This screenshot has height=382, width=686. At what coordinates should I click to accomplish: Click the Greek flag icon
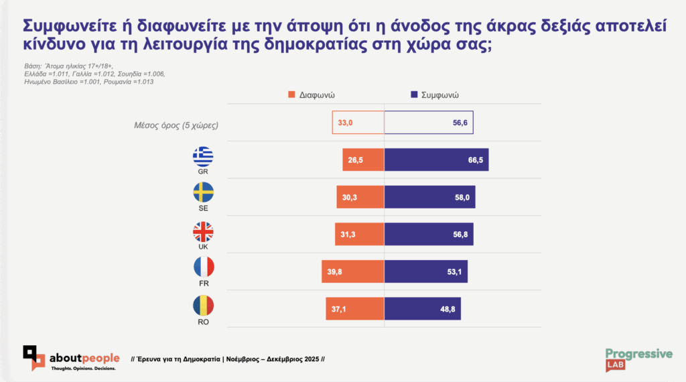click(x=203, y=157)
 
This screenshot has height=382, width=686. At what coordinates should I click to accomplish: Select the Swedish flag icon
click(x=203, y=194)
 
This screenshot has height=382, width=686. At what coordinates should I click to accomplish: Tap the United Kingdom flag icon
click(x=203, y=232)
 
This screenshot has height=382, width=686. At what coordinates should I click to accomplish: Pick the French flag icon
click(x=203, y=269)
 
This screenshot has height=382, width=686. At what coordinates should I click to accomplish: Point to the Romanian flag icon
click(x=203, y=306)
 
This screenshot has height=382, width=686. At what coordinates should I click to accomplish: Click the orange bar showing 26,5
click(x=362, y=160)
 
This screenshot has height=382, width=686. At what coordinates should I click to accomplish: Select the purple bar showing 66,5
click(x=436, y=160)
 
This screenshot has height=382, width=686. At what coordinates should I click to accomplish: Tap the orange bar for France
click(x=353, y=271)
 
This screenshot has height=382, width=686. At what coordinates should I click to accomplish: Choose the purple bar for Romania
click(x=423, y=309)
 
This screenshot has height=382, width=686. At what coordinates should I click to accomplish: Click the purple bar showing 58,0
click(x=429, y=197)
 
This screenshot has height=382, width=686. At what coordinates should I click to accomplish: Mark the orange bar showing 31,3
click(x=360, y=234)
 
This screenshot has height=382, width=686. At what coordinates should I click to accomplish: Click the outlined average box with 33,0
click(x=358, y=123)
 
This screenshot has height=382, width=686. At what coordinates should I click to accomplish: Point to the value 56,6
click(x=459, y=123)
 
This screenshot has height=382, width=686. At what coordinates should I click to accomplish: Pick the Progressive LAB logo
click(x=638, y=359)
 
